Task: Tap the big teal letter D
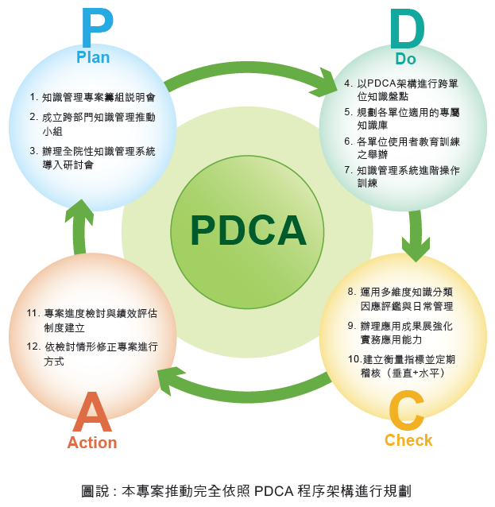(x=406, y=29)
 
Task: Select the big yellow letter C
(x=407, y=410)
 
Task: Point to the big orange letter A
(x=92, y=412)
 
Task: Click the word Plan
(x=93, y=57)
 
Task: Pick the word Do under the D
(x=406, y=59)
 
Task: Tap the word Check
(x=408, y=440)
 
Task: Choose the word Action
(x=92, y=443)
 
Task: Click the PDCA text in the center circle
(x=249, y=230)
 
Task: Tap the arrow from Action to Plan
(x=79, y=226)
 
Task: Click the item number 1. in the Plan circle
(x=34, y=97)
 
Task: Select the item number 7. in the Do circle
(x=348, y=170)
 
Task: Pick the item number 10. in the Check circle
(x=354, y=359)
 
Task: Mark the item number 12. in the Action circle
(x=33, y=346)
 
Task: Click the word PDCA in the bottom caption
(x=273, y=491)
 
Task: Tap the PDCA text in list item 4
(x=381, y=83)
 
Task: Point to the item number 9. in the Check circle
(x=352, y=326)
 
